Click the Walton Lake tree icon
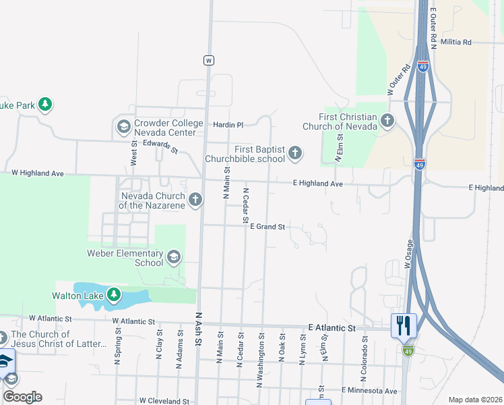[x=114, y=295]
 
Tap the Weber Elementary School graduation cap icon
[x=174, y=256]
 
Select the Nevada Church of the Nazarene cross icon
[x=195, y=199]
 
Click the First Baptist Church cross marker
[x=294, y=153]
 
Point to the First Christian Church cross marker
[x=387, y=121]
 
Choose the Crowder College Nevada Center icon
[x=123, y=126]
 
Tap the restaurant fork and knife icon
[x=404, y=326]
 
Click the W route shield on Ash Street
[x=209, y=60]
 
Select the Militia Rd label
[x=455, y=42]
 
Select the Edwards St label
[x=160, y=146]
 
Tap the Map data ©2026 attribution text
[x=475, y=400]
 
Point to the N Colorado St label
[x=365, y=348]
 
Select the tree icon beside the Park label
[x=45, y=105]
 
